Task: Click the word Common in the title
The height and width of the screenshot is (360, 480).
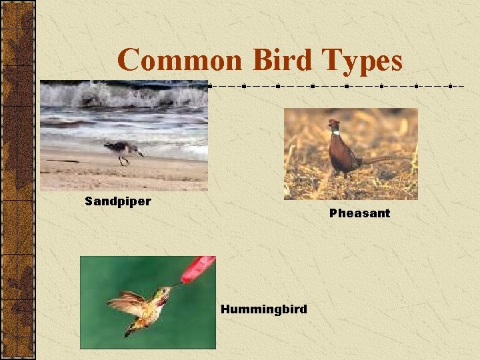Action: point(179,61)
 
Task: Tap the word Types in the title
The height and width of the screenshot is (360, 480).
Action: point(363,61)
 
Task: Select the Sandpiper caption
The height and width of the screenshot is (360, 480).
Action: point(118,201)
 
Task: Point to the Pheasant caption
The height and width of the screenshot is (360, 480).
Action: point(359,213)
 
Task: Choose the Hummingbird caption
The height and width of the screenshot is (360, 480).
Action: point(264,309)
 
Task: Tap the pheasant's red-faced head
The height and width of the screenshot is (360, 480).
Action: point(333,125)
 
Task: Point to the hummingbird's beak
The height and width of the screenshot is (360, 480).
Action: point(175,287)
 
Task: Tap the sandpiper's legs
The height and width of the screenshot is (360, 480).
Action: point(121,160)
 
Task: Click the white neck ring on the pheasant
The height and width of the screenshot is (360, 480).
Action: point(335,133)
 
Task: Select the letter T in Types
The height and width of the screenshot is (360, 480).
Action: point(331,61)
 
